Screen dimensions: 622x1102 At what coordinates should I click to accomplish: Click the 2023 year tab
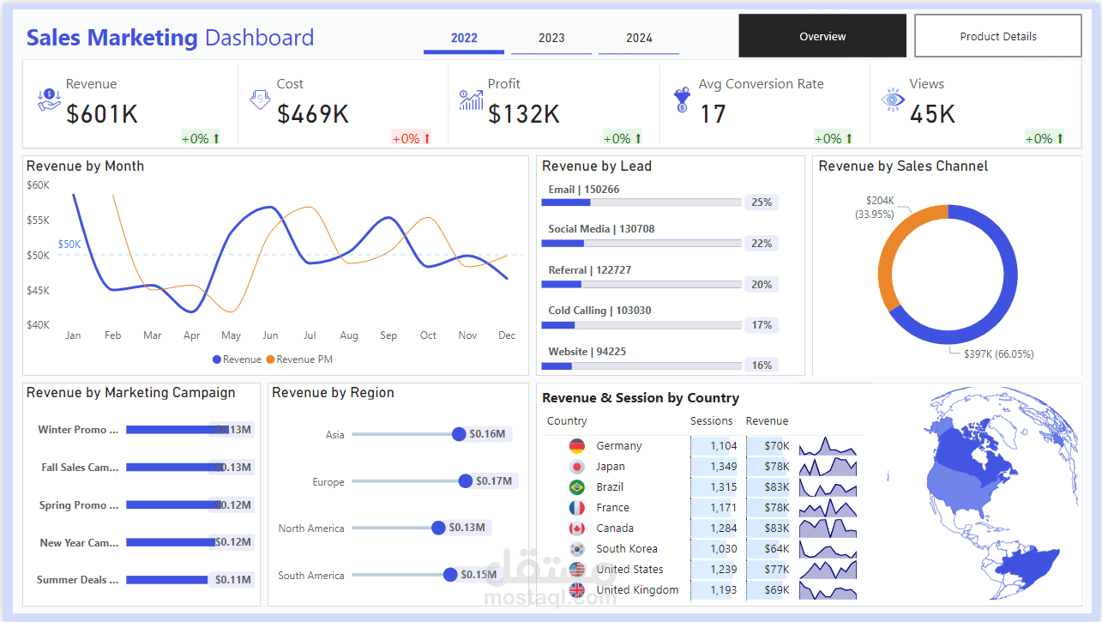[x=551, y=38]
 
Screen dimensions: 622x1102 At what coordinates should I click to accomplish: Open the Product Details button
[x=997, y=36]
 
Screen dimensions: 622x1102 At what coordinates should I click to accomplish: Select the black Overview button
[x=822, y=36]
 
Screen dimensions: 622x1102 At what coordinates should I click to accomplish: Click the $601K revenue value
[x=102, y=114]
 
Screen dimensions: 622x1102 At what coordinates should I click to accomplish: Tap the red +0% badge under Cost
[x=411, y=138]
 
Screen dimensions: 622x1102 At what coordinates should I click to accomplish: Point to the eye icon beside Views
[x=893, y=100]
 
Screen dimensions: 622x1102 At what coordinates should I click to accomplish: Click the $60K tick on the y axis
[x=38, y=185]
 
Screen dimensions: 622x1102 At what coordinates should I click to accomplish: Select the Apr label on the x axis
[x=191, y=335]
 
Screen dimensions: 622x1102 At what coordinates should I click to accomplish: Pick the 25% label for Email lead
[x=761, y=202]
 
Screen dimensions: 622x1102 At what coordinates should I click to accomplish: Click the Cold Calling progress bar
[x=641, y=325]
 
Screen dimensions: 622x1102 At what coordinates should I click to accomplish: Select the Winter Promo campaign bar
[x=172, y=430]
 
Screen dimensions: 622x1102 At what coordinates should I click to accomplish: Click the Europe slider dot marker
[x=465, y=481]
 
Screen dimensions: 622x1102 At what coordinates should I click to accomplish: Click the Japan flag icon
[x=577, y=467]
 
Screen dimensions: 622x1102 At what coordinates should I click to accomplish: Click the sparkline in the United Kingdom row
[x=828, y=590]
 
